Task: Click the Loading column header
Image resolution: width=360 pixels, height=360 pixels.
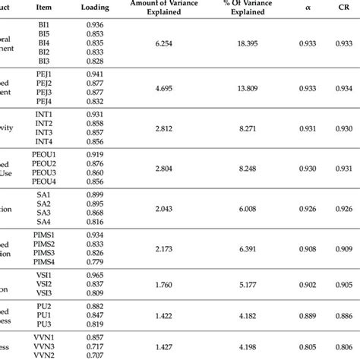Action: point(96,8)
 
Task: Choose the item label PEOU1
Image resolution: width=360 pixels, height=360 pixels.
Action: point(45,155)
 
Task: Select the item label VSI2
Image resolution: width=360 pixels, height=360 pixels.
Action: point(45,283)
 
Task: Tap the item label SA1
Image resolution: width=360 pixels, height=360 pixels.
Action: point(45,195)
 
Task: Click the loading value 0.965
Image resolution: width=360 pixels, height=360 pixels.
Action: point(96,273)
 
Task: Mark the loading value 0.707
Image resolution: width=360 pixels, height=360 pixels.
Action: point(96,354)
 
